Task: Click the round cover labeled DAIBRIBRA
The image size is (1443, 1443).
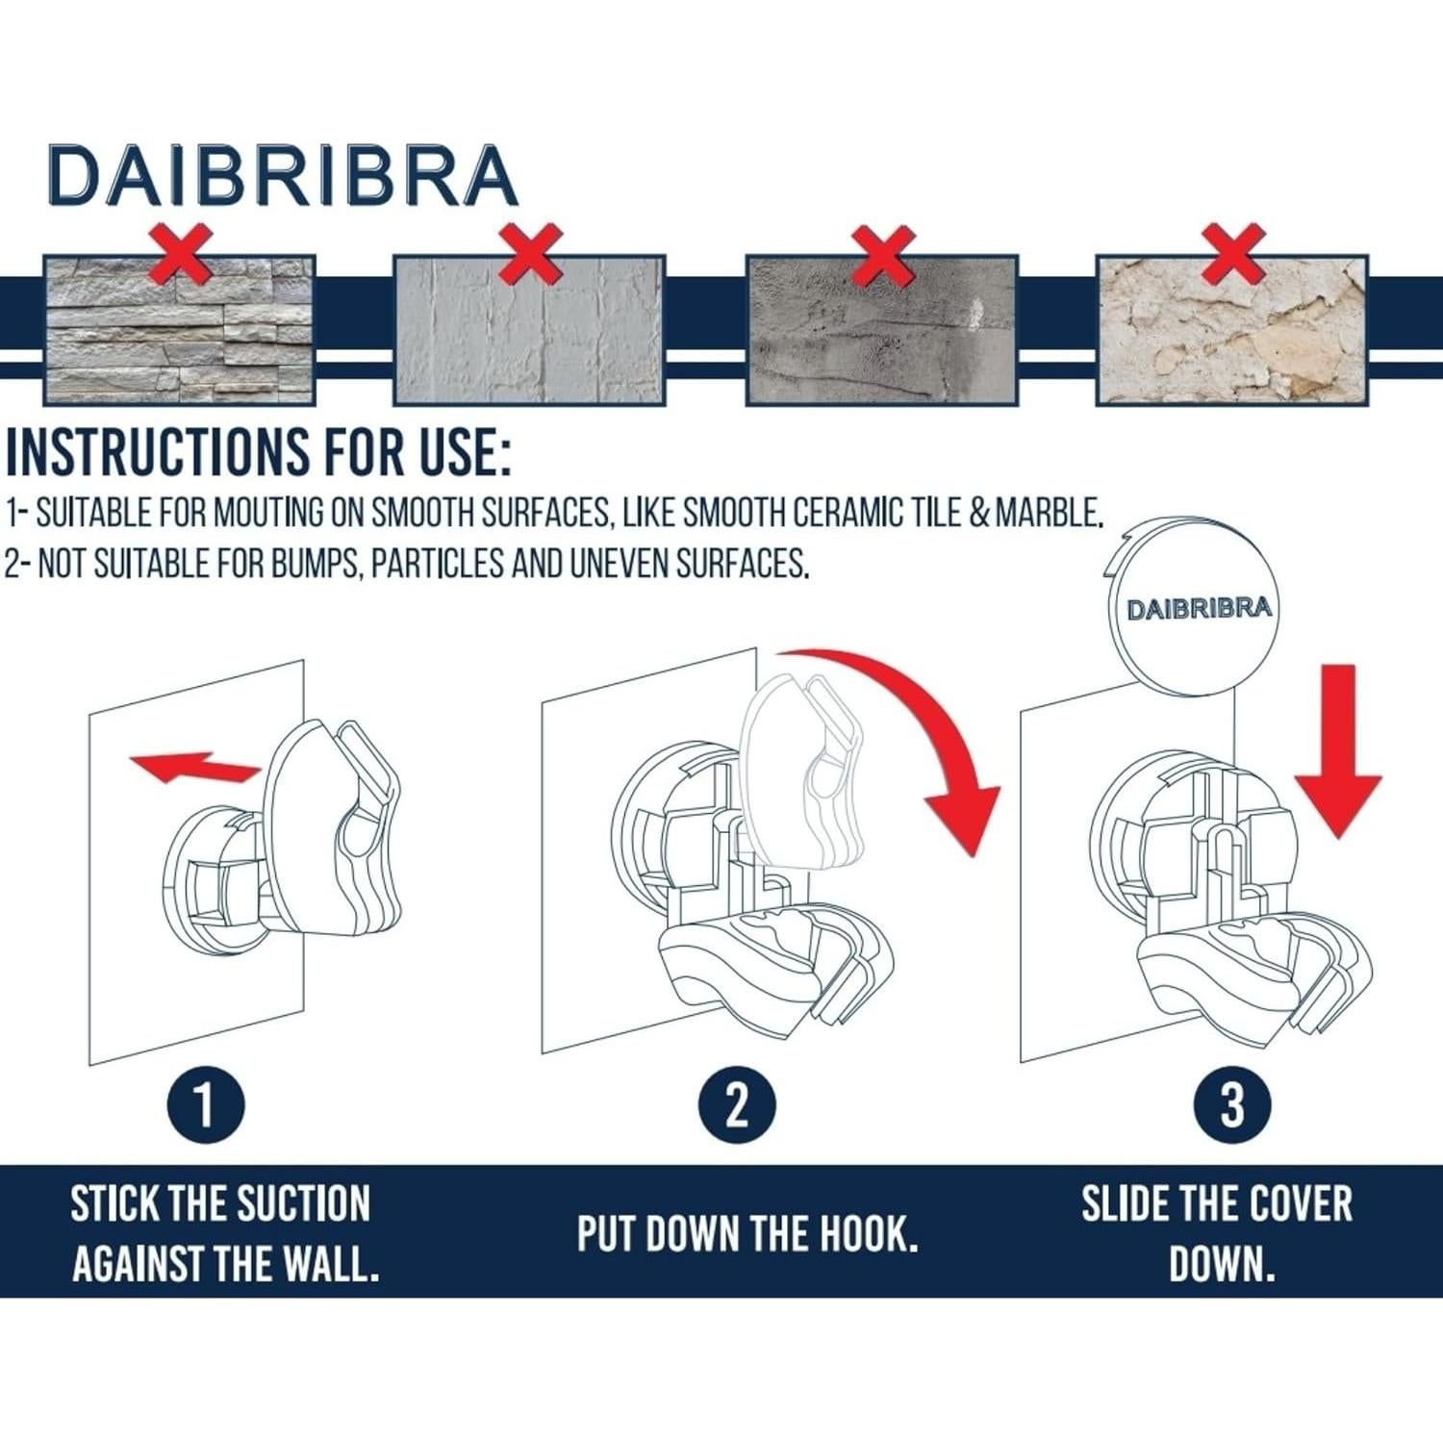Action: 1199,608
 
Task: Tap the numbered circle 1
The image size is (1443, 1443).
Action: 205,1105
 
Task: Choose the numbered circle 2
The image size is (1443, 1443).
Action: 736,1105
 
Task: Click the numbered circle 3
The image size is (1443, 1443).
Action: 1232,1105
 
